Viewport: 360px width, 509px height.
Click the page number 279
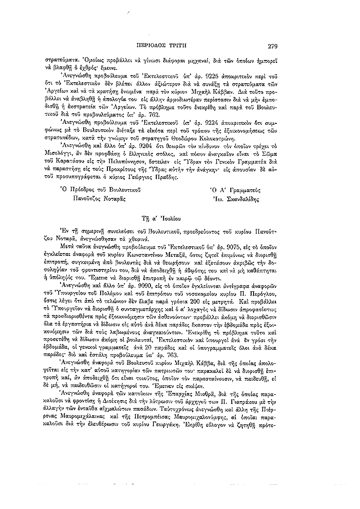pyautogui.click(x=271, y=46)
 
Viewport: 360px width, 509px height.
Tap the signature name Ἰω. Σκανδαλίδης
pyautogui.click(x=236, y=198)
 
